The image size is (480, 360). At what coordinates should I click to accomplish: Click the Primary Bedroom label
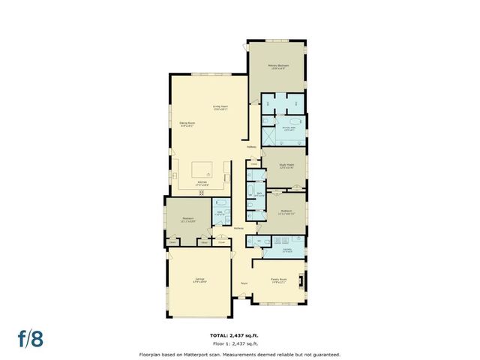point(278,66)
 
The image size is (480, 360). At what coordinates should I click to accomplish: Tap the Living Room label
point(220,107)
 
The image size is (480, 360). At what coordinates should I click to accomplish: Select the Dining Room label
point(187,124)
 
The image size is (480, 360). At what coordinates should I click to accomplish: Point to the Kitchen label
point(202,183)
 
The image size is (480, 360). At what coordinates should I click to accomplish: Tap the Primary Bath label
point(289,127)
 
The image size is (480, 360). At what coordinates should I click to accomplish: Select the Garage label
point(200,280)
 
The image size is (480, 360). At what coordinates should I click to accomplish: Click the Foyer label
point(244,283)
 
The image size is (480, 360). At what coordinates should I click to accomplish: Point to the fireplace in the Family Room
point(301,281)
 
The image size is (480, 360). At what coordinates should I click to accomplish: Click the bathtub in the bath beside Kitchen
point(222,203)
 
